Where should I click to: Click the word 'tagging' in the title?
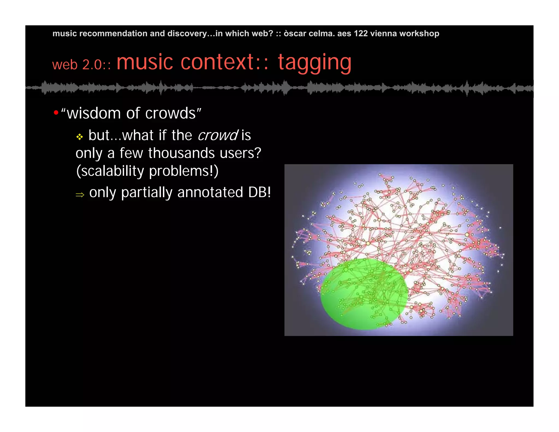[x=314, y=63]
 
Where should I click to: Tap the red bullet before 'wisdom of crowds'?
[x=56, y=113]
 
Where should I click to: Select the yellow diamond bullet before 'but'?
[x=79, y=137]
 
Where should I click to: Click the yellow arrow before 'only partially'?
[x=80, y=195]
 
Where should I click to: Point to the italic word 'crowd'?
[x=218, y=135]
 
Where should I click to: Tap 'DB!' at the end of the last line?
[x=259, y=192]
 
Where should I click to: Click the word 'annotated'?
[x=210, y=192]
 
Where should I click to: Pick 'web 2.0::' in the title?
[x=81, y=65]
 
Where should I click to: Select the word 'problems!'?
[x=183, y=171]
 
